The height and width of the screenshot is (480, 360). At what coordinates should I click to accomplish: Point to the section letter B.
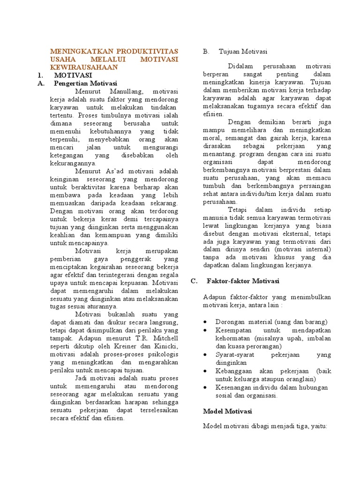pyautogui.click(x=205, y=52)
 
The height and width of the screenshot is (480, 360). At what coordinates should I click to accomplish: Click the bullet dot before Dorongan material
pyautogui.click(x=207, y=322)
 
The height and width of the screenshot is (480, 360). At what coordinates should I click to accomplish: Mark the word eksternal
pyautogui.click(x=283, y=233)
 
